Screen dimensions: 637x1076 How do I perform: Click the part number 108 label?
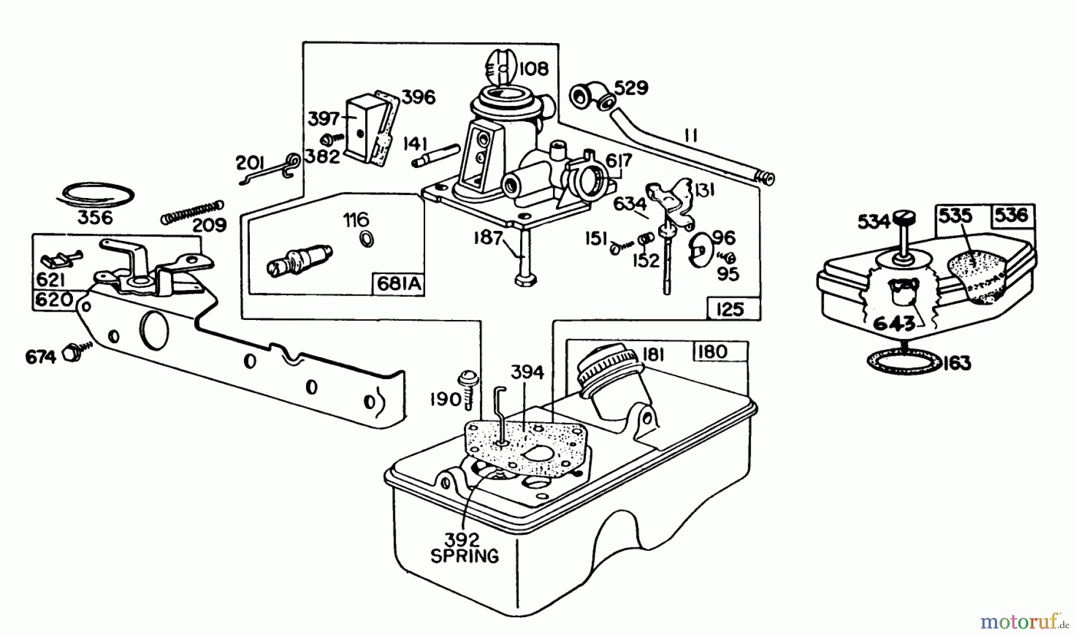[534, 69]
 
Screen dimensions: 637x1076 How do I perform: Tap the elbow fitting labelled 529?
[588, 96]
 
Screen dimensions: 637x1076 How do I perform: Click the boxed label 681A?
[399, 285]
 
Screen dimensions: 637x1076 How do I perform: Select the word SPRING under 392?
[464, 556]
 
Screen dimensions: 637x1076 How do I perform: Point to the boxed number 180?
[713, 352]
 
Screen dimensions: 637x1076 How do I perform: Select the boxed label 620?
[54, 300]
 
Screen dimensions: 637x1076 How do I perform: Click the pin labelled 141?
[436, 155]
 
